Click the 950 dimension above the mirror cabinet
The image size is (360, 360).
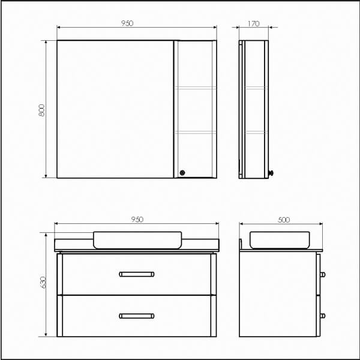click(127, 23)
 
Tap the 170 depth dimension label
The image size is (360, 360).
click(253, 23)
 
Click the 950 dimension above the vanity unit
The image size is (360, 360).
click(137, 220)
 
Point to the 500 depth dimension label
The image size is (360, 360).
click(283, 220)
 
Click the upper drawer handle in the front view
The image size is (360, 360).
click(137, 274)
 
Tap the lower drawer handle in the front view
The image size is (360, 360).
click(137, 316)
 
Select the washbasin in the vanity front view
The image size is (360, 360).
click(137, 239)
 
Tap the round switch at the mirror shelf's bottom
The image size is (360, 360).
click(183, 172)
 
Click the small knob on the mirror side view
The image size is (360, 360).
click(271, 173)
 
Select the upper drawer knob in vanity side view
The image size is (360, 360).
click(324, 274)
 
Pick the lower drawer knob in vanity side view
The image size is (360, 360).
click(324, 316)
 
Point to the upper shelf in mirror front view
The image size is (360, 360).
click(195, 88)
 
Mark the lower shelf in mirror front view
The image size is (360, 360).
click(195, 131)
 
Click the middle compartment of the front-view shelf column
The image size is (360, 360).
click(195, 110)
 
